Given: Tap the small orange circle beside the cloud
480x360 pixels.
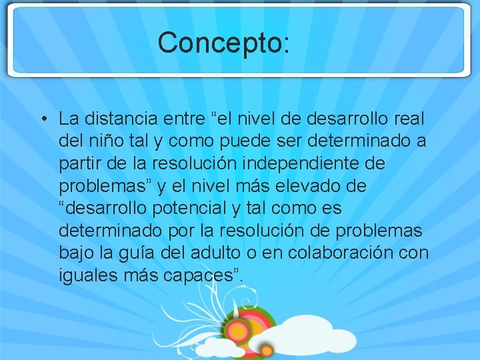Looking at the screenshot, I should (x=267, y=349).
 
